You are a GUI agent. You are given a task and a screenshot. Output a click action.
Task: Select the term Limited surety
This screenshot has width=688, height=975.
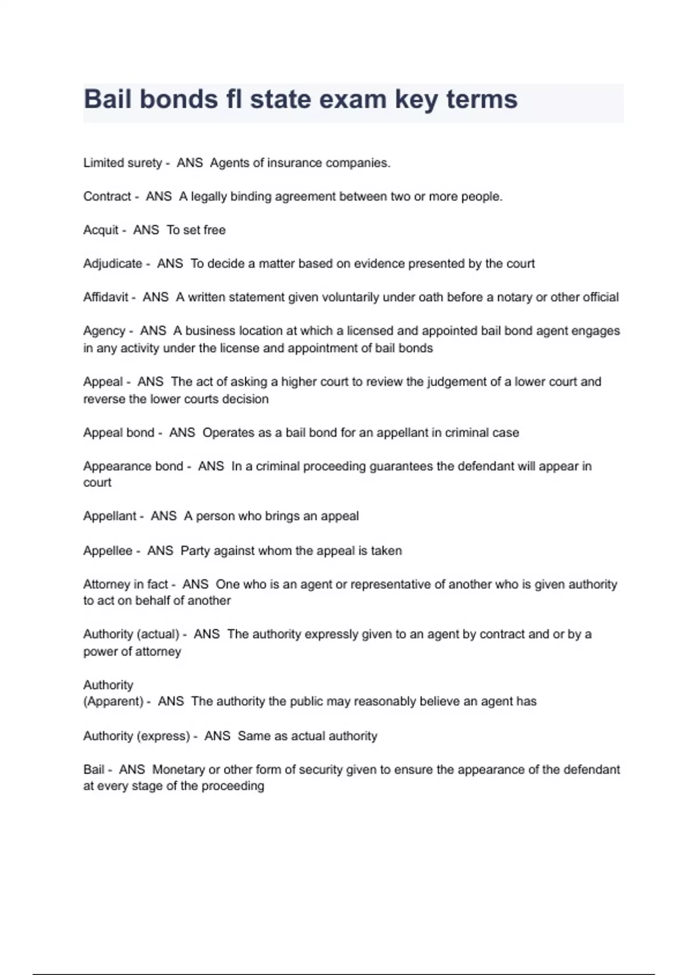pos(123,163)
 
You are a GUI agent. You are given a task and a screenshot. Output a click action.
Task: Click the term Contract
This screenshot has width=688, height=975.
pos(107,197)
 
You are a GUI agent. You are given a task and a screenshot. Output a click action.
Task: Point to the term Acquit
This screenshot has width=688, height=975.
pos(101,230)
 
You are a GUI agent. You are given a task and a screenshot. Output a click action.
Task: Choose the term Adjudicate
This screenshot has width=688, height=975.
pos(113,264)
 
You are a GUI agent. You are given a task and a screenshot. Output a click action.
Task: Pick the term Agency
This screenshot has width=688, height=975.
pos(104,331)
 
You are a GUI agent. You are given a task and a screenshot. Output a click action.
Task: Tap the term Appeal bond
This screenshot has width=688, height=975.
pos(119,432)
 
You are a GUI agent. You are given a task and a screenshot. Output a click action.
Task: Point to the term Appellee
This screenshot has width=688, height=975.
pos(108,551)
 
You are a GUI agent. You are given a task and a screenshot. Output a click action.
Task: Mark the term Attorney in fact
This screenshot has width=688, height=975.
pos(126,584)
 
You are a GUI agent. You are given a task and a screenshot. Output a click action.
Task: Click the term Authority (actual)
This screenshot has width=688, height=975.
pos(131,634)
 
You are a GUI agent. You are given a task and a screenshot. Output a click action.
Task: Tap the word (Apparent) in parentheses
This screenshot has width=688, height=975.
pos(114,701)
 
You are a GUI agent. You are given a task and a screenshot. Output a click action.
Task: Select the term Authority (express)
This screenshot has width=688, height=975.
pos(136,736)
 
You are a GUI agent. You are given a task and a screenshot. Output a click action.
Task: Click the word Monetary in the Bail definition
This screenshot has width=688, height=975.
pos(178,770)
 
